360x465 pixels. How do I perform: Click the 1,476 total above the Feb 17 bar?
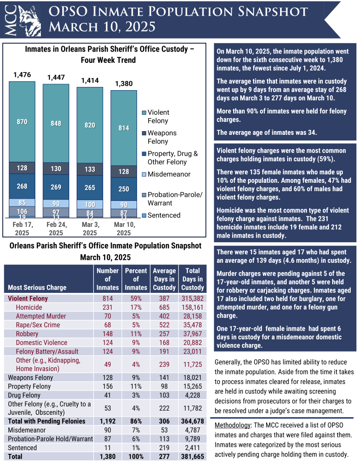pyautogui.click(x=22, y=74)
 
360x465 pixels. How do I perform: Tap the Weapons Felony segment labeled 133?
pyautogui.click(x=90, y=170)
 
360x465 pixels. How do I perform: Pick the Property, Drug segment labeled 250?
pyautogui.click(x=124, y=189)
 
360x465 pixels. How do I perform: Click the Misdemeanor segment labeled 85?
pyautogui.click(x=22, y=203)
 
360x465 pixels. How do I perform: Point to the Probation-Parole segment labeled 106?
pyautogui.click(x=22, y=212)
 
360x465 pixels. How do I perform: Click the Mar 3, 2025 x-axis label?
pyautogui.click(x=90, y=228)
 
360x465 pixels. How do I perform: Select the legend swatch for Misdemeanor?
pyautogui.click(x=144, y=174)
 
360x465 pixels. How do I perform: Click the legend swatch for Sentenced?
pyautogui.click(x=144, y=215)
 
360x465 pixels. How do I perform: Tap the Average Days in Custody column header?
pyautogui.click(x=164, y=279)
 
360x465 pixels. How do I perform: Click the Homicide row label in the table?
pyautogui.click(x=29, y=307)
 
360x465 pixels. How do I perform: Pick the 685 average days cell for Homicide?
pyautogui.click(x=164, y=307)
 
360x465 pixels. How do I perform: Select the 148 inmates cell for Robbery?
pyautogui.click(x=107, y=334)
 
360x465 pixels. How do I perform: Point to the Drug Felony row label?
pyautogui.click(x=25, y=395)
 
